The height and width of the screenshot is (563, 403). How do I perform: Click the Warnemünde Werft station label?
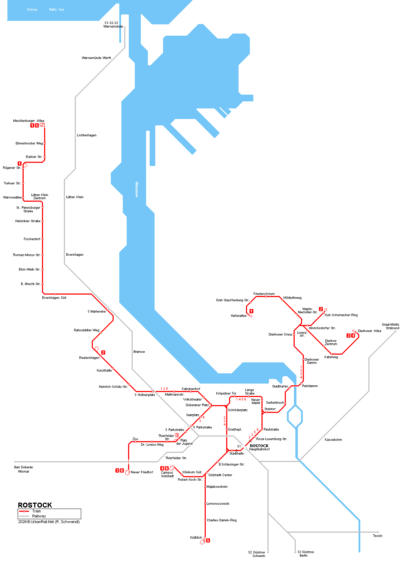click(x=96, y=58)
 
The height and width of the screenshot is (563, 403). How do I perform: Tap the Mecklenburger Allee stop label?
click(x=29, y=121)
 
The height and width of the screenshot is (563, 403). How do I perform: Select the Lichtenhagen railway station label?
click(x=86, y=135)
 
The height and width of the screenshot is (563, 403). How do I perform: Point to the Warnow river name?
click(x=137, y=190)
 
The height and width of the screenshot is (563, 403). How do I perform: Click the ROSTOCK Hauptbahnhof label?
click(x=259, y=448)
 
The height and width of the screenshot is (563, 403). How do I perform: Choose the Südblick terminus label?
click(x=196, y=538)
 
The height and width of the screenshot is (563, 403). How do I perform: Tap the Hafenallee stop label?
click(x=239, y=316)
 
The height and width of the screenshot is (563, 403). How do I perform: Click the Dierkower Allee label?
click(x=369, y=331)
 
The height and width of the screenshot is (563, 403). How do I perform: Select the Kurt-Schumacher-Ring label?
click(x=341, y=315)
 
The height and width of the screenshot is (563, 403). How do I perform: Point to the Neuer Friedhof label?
click(x=142, y=472)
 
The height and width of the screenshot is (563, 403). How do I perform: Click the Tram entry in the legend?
click(x=36, y=511)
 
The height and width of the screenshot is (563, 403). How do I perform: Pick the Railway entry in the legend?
click(x=39, y=516)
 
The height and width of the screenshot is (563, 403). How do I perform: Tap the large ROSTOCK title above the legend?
click(x=35, y=505)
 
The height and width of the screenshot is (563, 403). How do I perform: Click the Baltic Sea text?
click(x=56, y=10)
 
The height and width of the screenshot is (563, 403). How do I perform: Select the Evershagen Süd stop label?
click(x=54, y=298)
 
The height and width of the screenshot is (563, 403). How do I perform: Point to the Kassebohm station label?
click(x=333, y=440)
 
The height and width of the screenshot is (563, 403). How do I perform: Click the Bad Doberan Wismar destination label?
click(x=24, y=469)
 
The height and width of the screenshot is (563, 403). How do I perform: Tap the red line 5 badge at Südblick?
click(x=208, y=540)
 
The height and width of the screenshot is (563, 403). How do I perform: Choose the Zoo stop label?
click(x=135, y=439)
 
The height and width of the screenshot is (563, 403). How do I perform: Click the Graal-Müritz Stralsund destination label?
click(x=390, y=326)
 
